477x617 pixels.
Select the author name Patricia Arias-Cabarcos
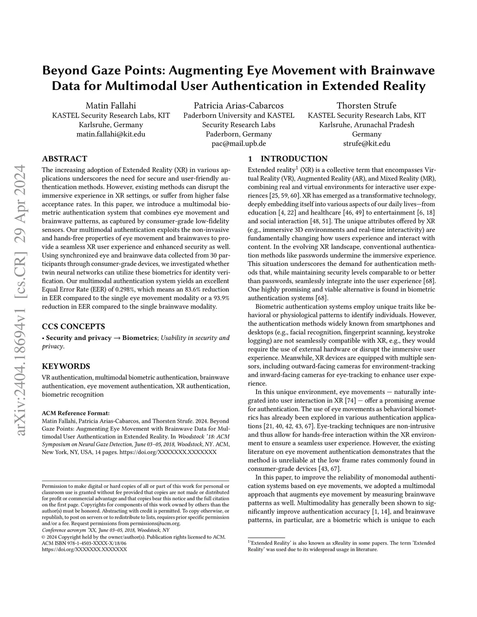[x=238, y=105]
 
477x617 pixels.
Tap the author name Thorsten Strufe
[x=367, y=105]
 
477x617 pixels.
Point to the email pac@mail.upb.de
[x=238, y=143]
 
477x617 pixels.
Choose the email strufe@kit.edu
[x=367, y=143]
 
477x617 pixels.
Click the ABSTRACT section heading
[x=64, y=159]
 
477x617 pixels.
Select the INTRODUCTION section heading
[x=293, y=159]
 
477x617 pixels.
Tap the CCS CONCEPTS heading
[x=73, y=326]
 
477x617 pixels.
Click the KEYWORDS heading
[x=66, y=366]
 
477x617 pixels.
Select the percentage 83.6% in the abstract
[x=197, y=290]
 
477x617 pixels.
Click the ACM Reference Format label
[x=75, y=413]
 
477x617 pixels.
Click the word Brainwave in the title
[x=402, y=71]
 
